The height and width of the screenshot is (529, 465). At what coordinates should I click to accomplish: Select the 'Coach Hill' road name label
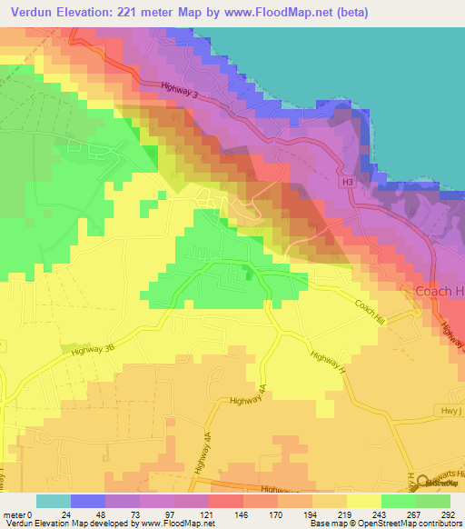pyautogui.click(x=372, y=314)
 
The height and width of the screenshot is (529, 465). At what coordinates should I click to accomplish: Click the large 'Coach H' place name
pyautogui.click(x=440, y=291)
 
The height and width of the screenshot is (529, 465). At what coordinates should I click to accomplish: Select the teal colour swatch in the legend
pyautogui.click(x=54, y=501)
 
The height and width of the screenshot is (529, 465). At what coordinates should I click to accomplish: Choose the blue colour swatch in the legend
pyautogui.click(x=88, y=501)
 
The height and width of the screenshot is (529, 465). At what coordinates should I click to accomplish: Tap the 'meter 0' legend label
pyautogui.click(x=17, y=515)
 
